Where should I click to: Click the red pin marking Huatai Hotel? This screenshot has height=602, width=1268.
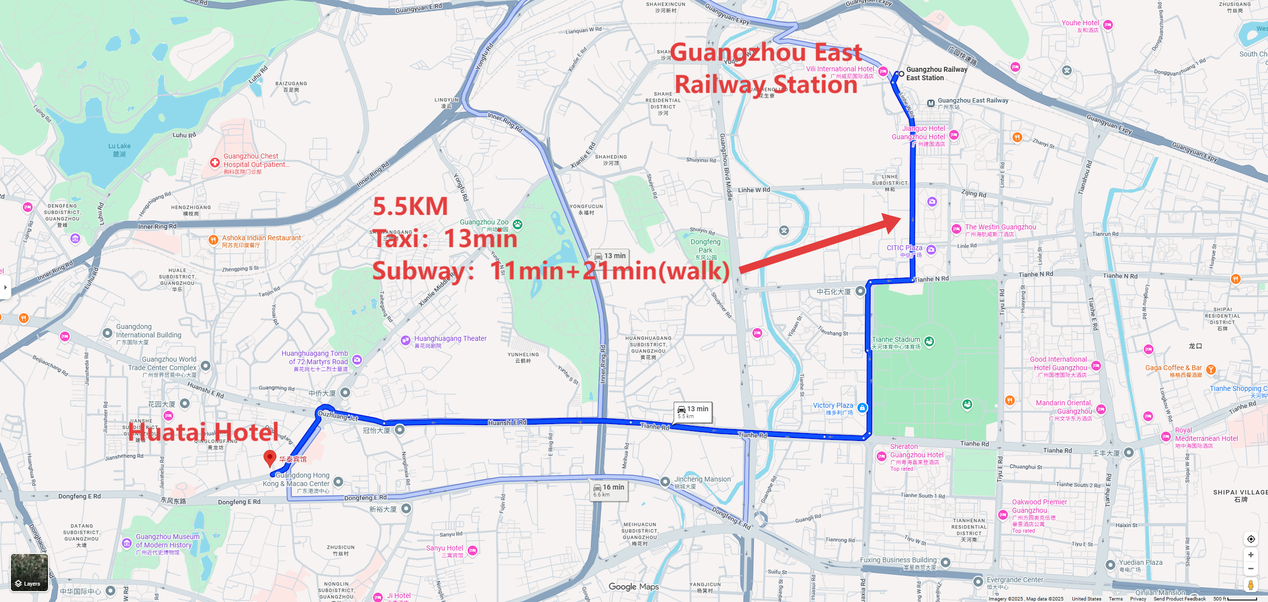tap(269, 458)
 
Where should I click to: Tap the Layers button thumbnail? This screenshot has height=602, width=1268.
tap(29, 572)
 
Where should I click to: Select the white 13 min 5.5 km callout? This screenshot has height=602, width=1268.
tap(693, 412)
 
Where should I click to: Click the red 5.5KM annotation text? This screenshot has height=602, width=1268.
tap(410, 207)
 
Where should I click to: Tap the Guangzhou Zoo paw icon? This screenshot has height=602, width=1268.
tap(518, 224)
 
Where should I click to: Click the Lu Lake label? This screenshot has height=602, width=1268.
tap(119, 150)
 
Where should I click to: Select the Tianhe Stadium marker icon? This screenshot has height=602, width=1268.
tap(929, 341)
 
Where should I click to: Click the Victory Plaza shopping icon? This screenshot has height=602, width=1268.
tap(862, 408)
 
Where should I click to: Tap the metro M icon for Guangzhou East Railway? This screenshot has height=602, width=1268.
tap(931, 104)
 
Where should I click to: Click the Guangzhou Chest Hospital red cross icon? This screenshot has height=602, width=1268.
tap(214, 163)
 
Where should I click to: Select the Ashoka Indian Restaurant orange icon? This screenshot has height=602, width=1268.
tap(213, 240)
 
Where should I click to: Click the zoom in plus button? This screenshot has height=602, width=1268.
tap(1251, 554)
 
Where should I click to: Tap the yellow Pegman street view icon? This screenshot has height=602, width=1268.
tap(1251, 585)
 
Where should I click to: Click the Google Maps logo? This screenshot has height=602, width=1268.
tap(634, 587)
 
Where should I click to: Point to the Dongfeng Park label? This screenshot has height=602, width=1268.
tap(705, 246)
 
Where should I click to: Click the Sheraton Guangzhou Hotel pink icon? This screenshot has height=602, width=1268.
tap(881, 456)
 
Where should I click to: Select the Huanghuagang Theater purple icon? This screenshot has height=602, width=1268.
tap(405, 340)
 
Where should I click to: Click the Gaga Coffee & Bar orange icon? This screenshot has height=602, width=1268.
tap(1211, 370)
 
